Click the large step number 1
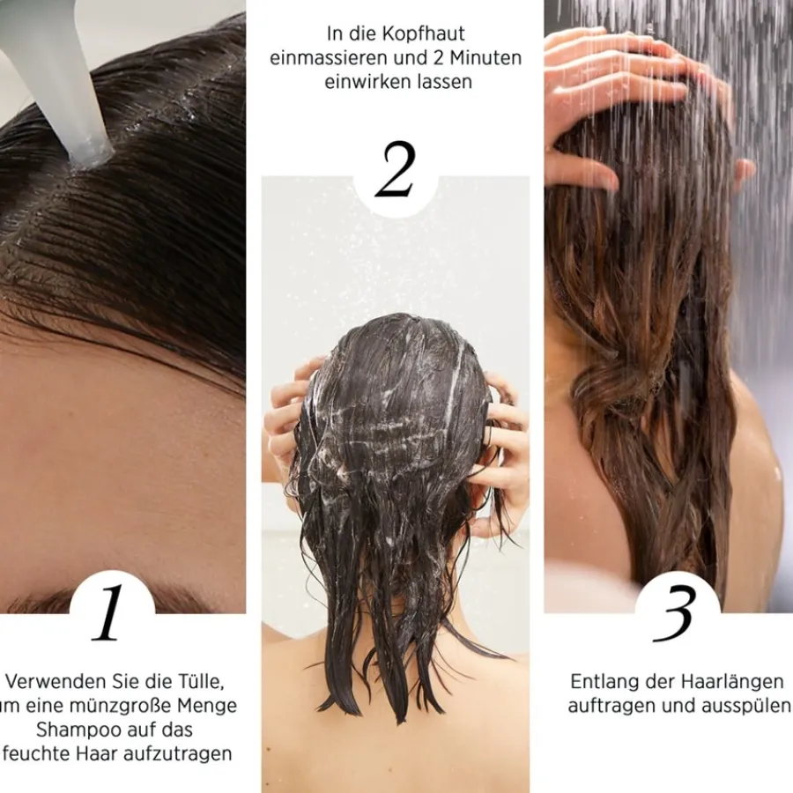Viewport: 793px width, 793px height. [107, 613]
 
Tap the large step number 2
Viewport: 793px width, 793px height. [395, 169]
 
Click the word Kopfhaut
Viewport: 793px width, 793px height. [423, 33]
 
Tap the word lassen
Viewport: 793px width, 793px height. [442, 81]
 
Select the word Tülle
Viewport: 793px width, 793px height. [199, 682]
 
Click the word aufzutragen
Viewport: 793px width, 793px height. [177, 754]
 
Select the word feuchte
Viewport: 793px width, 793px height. [39, 754]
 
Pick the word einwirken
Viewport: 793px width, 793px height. [366, 81]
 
